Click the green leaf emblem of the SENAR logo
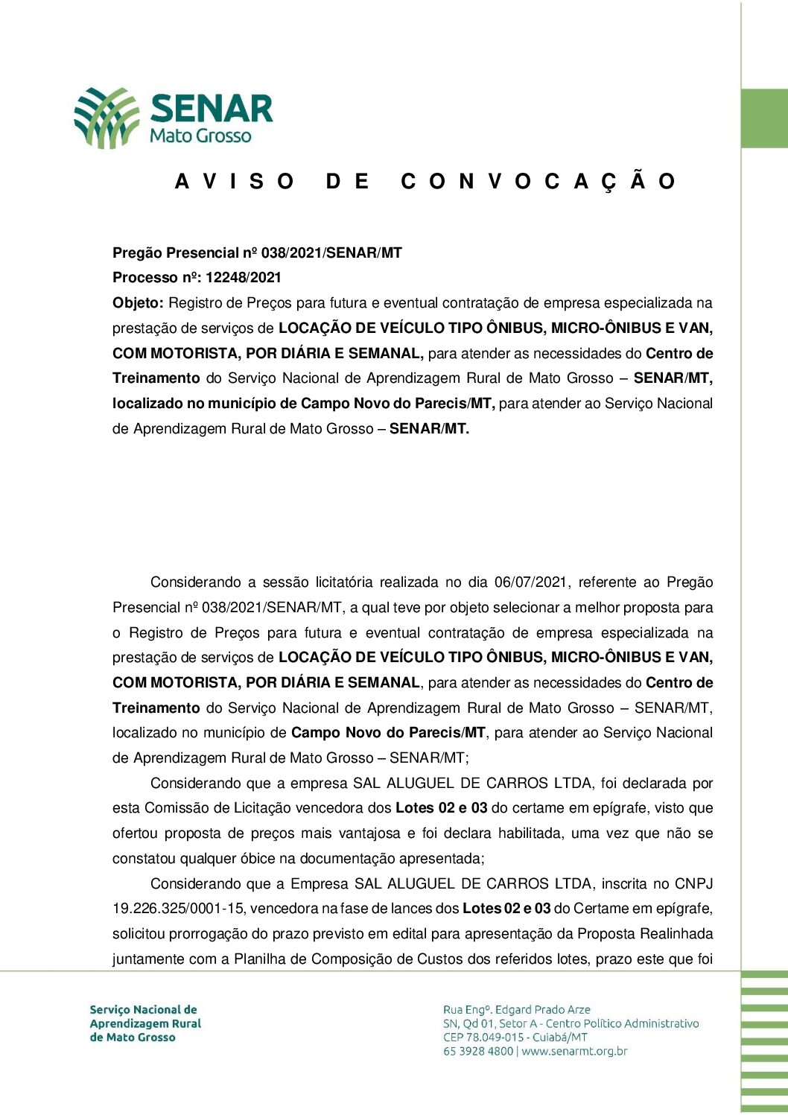(x=107, y=117)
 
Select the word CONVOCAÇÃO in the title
(x=538, y=182)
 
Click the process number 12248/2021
(x=244, y=278)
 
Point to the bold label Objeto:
(x=138, y=303)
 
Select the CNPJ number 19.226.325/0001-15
(x=179, y=909)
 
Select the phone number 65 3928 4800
(x=478, y=1052)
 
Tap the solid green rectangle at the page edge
(x=764, y=118)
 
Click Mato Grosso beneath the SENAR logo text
(x=200, y=136)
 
